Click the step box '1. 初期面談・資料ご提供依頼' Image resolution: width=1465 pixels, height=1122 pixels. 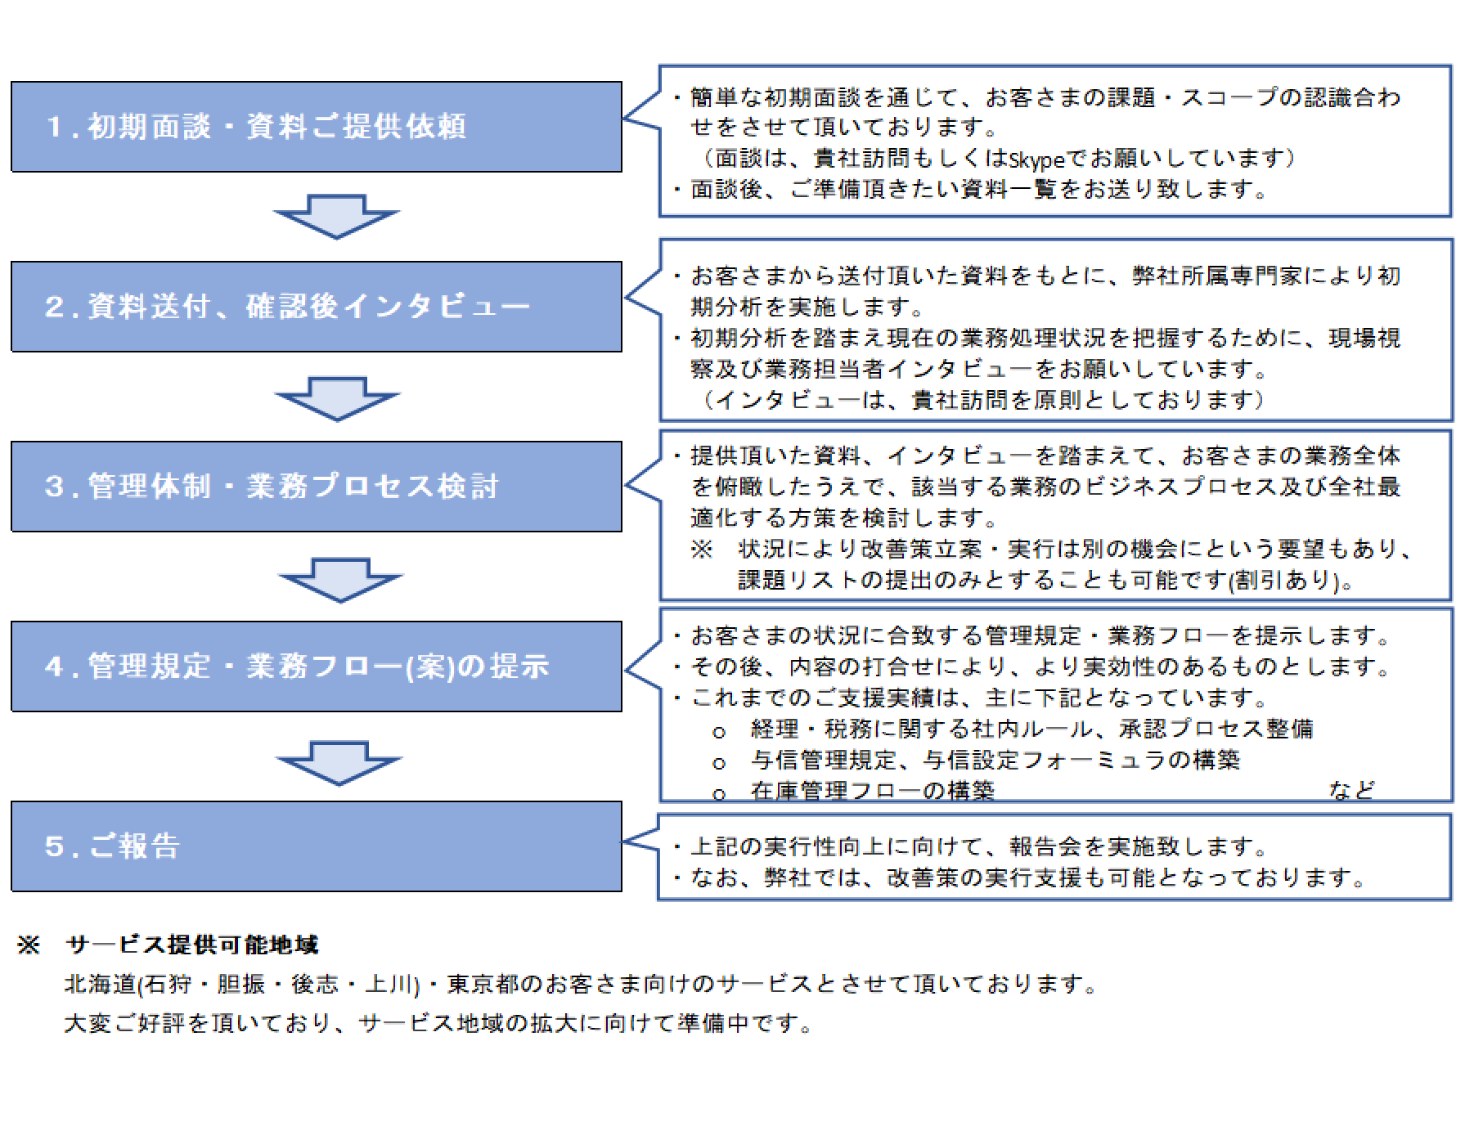317,127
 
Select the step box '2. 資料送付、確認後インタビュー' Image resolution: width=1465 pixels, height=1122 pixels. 317,307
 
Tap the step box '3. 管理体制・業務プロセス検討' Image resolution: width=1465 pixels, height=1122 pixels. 317,487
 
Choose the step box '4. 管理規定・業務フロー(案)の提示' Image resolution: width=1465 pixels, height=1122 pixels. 317,666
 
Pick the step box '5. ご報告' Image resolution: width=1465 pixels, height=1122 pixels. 317,846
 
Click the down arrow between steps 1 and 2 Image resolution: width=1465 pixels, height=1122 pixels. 336,217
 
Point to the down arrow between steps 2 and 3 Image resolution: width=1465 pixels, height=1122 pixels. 338,399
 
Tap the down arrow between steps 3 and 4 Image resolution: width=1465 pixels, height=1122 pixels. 340,581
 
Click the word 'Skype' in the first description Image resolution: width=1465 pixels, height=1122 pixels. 1037,159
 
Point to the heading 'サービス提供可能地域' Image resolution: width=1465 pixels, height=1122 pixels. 192,945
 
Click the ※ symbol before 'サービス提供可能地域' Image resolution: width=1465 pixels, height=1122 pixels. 29,945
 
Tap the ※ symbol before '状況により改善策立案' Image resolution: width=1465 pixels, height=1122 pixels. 702,549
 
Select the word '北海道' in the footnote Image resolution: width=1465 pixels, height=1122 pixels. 100,984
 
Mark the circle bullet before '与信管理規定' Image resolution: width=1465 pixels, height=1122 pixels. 719,764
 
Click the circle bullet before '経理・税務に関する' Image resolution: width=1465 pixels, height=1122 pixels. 719,733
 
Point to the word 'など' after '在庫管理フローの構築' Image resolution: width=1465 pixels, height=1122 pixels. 1351,790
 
